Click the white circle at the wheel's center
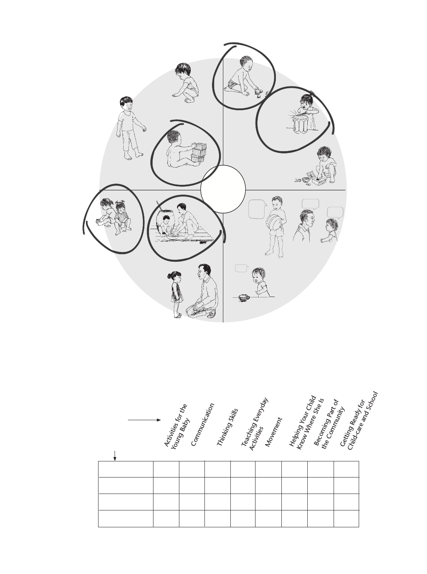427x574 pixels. pyautogui.click(x=223, y=189)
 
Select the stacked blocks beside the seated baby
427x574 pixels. pyautogui.click(x=199, y=153)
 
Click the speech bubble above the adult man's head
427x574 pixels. pyautogui.click(x=310, y=204)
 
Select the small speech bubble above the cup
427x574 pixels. pyautogui.click(x=242, y=268)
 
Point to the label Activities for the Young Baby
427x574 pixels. pyautogui.click(x=177, y=427)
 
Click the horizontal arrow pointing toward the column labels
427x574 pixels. pyautogui.click(x=144, y=420)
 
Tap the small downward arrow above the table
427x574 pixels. pyautogui.click(x=115, y=456)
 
